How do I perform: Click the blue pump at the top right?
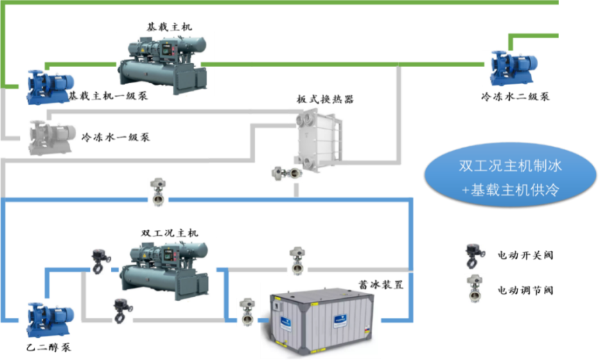tap(511, 68)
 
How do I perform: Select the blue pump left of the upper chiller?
tap(46, 87)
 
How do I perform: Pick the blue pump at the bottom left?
tap(47, 319)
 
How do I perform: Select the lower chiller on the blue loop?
tap(166, 268)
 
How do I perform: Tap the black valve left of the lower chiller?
tap(100, 262)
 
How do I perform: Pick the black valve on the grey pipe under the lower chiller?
tap(122, 311)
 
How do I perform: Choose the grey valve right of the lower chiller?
tap(298, 260)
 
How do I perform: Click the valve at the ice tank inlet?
tap(247, 312)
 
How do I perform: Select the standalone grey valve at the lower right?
tap(475, 287)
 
